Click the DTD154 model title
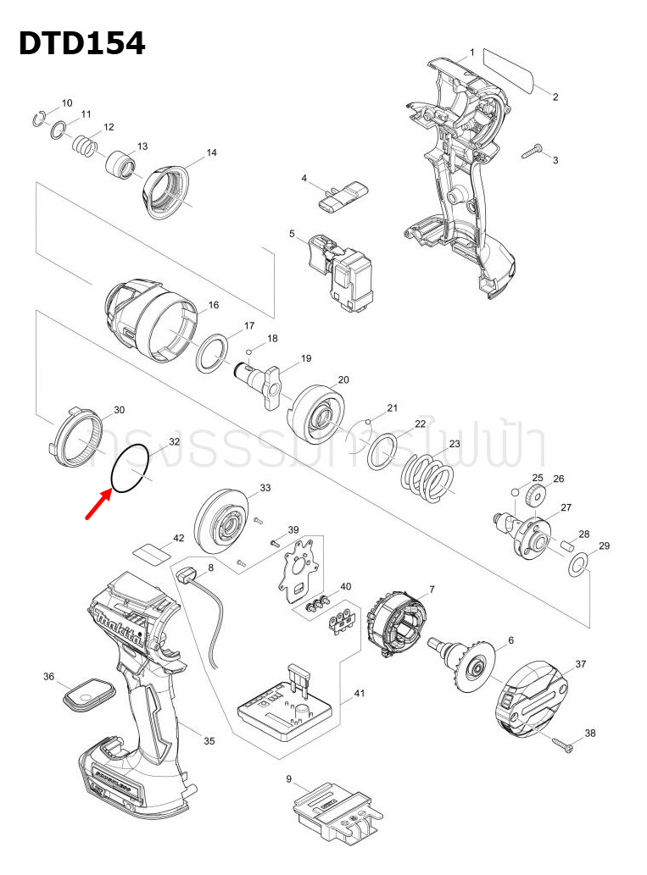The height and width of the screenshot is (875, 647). coord(82,43)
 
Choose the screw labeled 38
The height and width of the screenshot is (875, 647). coord(562,744)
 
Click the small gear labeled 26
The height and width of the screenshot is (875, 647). coord(533,494)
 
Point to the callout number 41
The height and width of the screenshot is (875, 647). coord(359,694)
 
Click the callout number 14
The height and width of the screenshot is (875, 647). coord(211,152)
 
